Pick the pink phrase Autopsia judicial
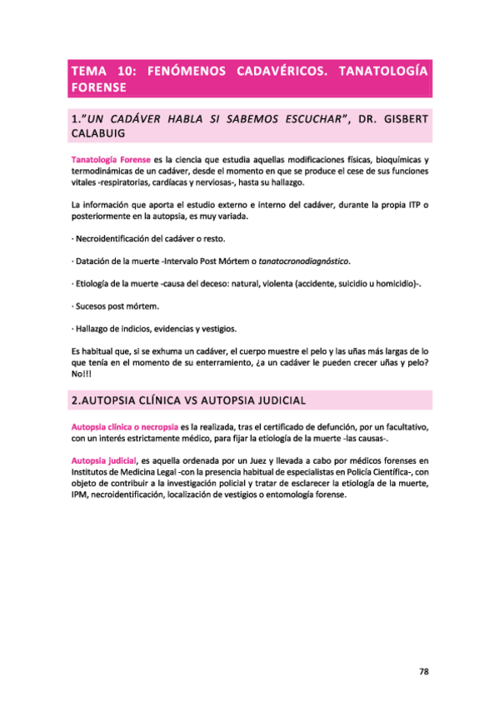pyautogui.click(x=104, y=460)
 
